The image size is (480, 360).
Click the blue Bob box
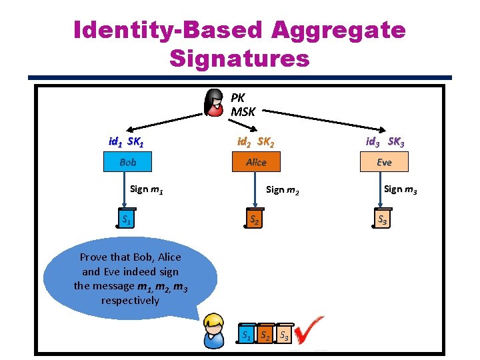point(127,162)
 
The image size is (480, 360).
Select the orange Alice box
point(256,162)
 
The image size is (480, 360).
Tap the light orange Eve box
point(384,162)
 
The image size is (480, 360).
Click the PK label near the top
point(238,98)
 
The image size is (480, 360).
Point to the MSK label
point(243,111)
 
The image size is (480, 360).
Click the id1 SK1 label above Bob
point(127,141)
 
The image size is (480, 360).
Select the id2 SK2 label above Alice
point(256,141)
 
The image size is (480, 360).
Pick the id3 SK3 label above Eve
point(384,141)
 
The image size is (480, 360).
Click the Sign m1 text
point(148,189)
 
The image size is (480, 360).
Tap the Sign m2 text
point(283,190)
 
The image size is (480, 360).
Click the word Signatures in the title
point(239,59)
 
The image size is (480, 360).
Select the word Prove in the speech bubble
point(93,257)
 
